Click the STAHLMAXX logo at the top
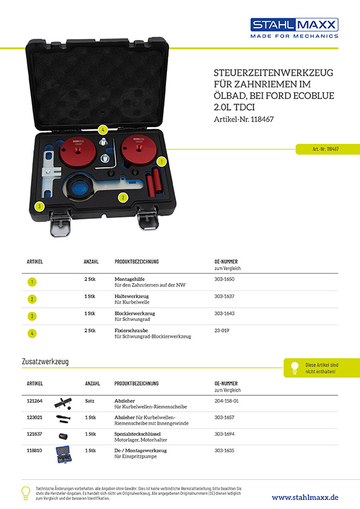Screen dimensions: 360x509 pos(294,28)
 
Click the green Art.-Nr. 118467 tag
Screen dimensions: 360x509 pos(325,149)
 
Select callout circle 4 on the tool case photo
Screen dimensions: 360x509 pos(103,129)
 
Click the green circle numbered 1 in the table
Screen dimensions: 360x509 pos(31,282)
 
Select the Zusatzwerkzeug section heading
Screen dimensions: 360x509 pos(45,361)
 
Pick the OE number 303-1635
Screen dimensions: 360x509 pos(225,450)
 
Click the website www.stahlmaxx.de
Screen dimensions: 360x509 pos(305,497)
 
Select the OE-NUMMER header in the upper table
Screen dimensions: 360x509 pos(226,262)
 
